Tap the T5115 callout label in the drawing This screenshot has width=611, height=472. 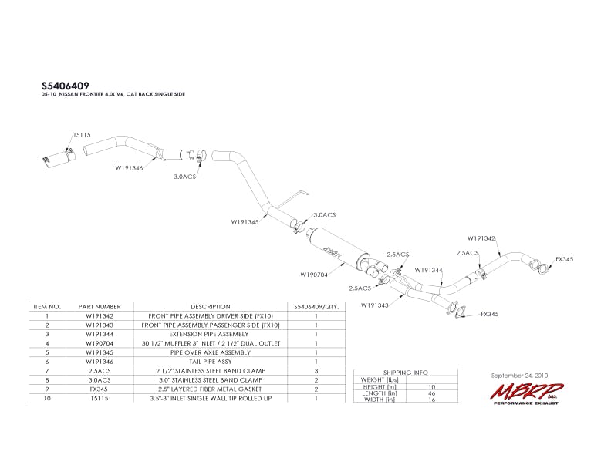click(x=82, y=135)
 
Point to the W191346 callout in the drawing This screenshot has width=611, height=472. click(x=130, y=167)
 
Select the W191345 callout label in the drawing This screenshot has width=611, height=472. click(x=245, y=221)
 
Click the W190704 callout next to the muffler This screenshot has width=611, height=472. click(x=314, y=274)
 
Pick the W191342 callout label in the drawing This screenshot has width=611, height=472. click(x=481, y=238)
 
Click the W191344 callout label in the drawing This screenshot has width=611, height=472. click(x=428, y=270)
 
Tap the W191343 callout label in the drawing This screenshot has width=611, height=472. click(x=375, y=305)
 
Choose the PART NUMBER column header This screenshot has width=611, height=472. click(x=100, y=306)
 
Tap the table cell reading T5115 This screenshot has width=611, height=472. click(x=100, y=398)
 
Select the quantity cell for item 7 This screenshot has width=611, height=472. click(x=316, y=370)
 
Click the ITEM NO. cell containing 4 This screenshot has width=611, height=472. click(x=47, y=342)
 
